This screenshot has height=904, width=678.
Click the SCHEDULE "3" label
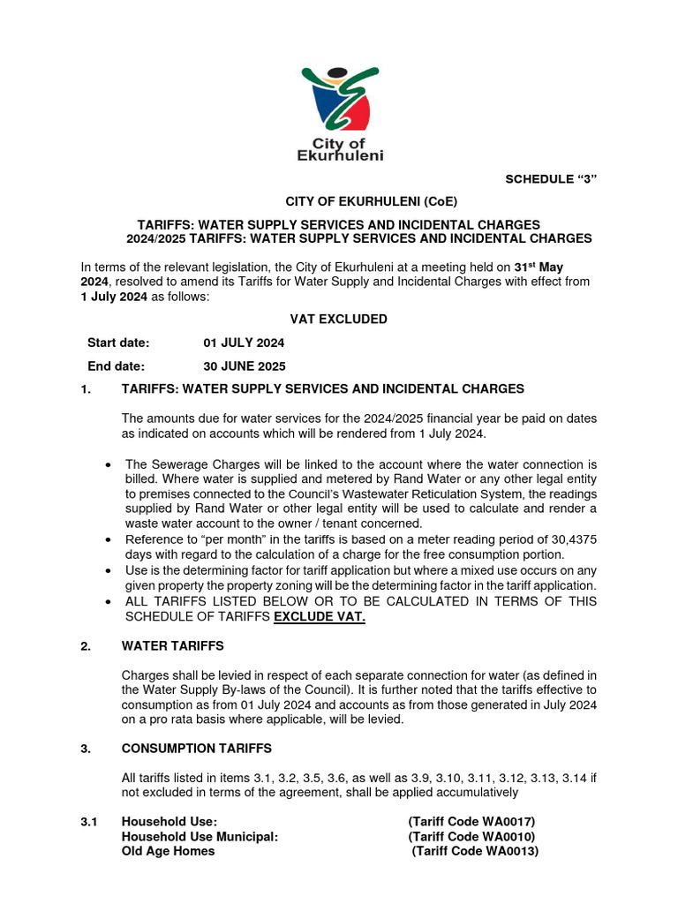tap(551, 179)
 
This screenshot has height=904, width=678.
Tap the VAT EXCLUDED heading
tap(338, 319)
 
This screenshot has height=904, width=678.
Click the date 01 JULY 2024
tap(244, 343)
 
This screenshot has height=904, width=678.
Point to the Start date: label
tap(118, 343)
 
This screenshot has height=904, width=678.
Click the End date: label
tap(116, 365)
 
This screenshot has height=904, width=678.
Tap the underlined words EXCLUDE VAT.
tap(320, 616)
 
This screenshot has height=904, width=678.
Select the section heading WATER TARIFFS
tap(172, 646)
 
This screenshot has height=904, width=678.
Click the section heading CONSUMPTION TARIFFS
tap(192, 749)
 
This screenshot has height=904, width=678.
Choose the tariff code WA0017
tap(508, 821)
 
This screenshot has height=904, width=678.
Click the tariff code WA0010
tap(508, 836)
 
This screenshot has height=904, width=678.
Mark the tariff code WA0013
tap(511, 851)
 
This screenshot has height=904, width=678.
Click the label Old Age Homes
tap(168, 851)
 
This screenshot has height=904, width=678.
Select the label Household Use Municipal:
tap(200, 836)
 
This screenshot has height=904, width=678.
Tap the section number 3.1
tap(88, 821)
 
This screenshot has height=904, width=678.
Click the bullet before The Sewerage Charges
tap(108, 464)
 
